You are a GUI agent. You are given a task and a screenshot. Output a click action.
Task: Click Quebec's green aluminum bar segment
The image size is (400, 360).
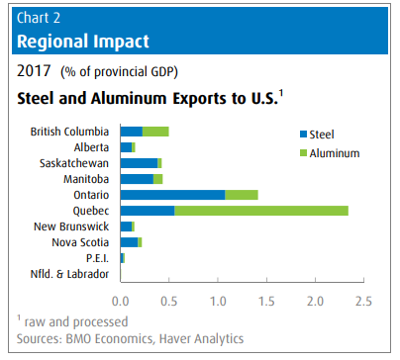pyautogui.click(x=261, y=211)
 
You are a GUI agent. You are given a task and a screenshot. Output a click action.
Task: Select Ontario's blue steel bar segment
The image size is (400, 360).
pyautogui.click(x=173, y=195)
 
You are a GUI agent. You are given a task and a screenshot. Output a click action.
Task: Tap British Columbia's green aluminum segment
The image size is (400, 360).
pyautogui.click(x=155, y=132)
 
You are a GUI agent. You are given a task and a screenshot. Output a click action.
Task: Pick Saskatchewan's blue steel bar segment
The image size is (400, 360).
pyautogui.click(x=140, y=163)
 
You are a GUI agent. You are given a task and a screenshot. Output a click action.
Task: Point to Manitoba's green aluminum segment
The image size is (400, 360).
pyautogui.click(x=158, y=179)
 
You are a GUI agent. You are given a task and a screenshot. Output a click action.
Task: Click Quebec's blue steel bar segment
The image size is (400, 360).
pyautogui.click(x=148, y=211)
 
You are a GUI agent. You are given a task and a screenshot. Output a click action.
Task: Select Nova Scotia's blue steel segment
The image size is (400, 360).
pyautogui.click(x=130, y=242)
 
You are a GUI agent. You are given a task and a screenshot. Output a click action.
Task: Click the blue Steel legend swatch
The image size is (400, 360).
pyautogui.click(x=303, y=135)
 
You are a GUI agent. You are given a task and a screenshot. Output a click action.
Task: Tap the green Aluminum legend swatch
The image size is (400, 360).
pyautogui.click(x=303, y=153)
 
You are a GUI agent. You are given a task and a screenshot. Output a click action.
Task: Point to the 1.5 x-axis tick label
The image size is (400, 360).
pyautogui.click(x=266, y=302)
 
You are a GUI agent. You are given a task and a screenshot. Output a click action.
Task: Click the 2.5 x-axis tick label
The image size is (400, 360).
pyautogui.click(x=363, y=302)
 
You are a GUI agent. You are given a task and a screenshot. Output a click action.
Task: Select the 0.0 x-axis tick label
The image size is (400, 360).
pyautogui.click(x=121, y=302)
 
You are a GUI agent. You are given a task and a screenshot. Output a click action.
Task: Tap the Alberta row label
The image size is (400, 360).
pyautogui.click(x=91, y=147)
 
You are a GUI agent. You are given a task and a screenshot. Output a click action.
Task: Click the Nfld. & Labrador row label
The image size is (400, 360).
pyautogui.click(x=69, y=274)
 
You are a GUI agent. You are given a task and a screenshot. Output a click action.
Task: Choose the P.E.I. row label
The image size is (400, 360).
pyautogui.click(x=97, y=258)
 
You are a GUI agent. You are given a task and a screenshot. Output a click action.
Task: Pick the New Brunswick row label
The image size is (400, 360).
pyautogui.click(x=71, y=226)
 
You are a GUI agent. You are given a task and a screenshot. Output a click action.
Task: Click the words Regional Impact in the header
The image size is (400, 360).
pyautogui.click(x=83, y=42)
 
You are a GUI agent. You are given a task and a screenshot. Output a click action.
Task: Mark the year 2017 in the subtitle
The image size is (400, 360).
pyautogui.click(x=34, y=71)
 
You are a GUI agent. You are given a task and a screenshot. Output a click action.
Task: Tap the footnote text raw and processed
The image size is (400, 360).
pyautogui.click(x=76, y=322)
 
